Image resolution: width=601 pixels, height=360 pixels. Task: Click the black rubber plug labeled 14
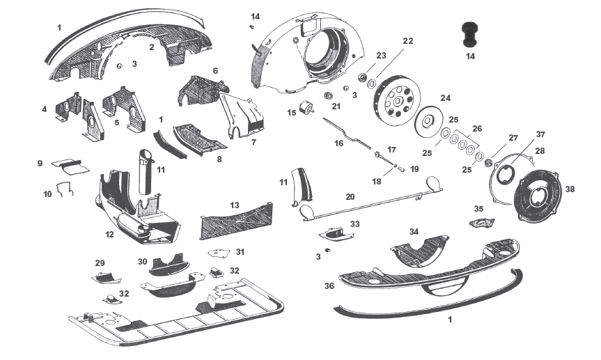471,34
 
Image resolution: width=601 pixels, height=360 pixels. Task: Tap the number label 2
151,47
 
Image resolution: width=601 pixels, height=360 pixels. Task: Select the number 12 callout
109,235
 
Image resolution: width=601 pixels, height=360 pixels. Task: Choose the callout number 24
445,97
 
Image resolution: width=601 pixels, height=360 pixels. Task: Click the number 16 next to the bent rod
339,143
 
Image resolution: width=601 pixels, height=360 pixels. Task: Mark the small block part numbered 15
307,109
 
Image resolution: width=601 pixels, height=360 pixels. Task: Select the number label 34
414,231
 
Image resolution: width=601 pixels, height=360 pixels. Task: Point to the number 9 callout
40,163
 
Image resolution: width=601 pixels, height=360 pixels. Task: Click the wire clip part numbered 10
65,189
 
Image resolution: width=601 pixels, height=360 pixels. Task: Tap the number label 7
253,142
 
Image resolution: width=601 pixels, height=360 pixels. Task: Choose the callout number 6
215,71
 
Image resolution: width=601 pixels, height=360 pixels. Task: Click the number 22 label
407,41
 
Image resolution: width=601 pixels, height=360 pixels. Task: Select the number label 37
540,134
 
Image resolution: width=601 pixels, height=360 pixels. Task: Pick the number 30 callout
142,262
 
